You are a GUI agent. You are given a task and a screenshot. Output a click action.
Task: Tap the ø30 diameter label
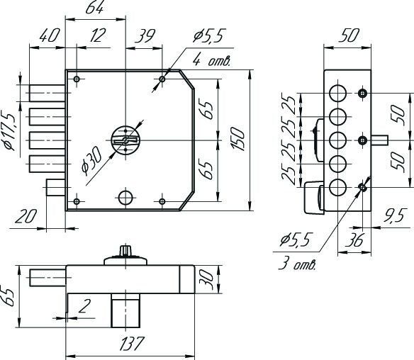[x=91, y=161]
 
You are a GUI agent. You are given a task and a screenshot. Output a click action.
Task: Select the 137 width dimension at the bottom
[x=132, y=344]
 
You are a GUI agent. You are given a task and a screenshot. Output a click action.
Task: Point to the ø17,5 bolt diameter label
[x=9, y=132]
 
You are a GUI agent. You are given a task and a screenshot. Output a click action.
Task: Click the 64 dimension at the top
[x=94, y=7]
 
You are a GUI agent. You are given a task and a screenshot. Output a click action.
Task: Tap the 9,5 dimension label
[x=393, y=216]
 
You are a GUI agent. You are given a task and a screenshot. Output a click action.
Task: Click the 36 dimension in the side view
[x=354, y=240]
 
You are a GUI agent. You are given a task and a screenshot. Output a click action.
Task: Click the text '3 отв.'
[x=297, y=264]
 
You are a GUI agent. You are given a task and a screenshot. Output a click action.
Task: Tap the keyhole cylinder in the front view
[x=125, y=140]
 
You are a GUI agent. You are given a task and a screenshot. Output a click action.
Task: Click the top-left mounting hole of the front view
[x=77, y=79]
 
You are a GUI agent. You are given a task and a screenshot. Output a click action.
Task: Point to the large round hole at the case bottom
[x=125, y=197]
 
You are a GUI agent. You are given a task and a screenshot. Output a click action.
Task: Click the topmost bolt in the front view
[x=47, y=93]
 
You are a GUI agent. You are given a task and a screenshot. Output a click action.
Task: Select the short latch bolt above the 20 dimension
[x=56, y=187]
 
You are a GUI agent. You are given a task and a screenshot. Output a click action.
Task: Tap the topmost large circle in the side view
[x=337, y=93]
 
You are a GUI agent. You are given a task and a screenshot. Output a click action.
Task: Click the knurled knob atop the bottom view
[x=125, y=250]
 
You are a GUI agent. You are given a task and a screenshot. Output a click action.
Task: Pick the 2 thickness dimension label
[x=84, y=306]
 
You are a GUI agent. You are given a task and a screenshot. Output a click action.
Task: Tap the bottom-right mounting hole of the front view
[x=162, y=201]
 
